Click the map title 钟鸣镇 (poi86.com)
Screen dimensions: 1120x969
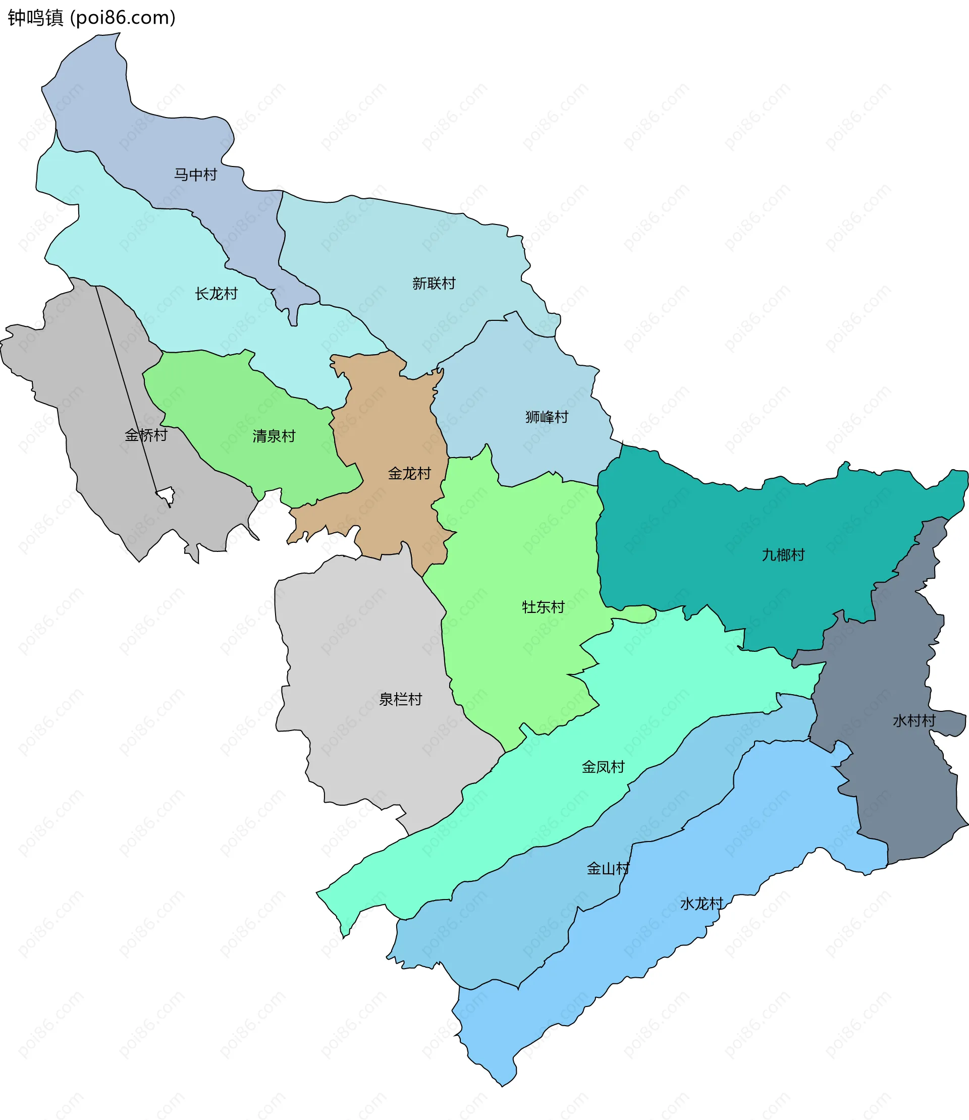[x=91, y=18]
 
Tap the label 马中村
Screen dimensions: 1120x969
[x=195, y=175]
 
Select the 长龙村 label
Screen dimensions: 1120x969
[x=217, y=294]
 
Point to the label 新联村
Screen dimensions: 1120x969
[x=434, y=283]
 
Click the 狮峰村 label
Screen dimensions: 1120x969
[x=547, y=417]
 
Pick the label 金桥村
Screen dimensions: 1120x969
[x=146, y=435]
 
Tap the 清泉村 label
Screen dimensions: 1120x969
[x=274, y=436]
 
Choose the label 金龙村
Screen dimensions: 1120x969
[x=409, y=474]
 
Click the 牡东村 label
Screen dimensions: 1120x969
[x=543, y=607]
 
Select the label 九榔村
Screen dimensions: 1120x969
[x=783, y=554]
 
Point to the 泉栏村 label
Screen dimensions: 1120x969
[x=400, y=699]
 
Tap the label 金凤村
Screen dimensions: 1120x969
[x=603, y=767]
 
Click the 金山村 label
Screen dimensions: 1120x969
[x=608, y=869]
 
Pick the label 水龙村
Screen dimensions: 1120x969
[x=702, y=904]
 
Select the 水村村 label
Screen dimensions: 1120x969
[x=914, y=720]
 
